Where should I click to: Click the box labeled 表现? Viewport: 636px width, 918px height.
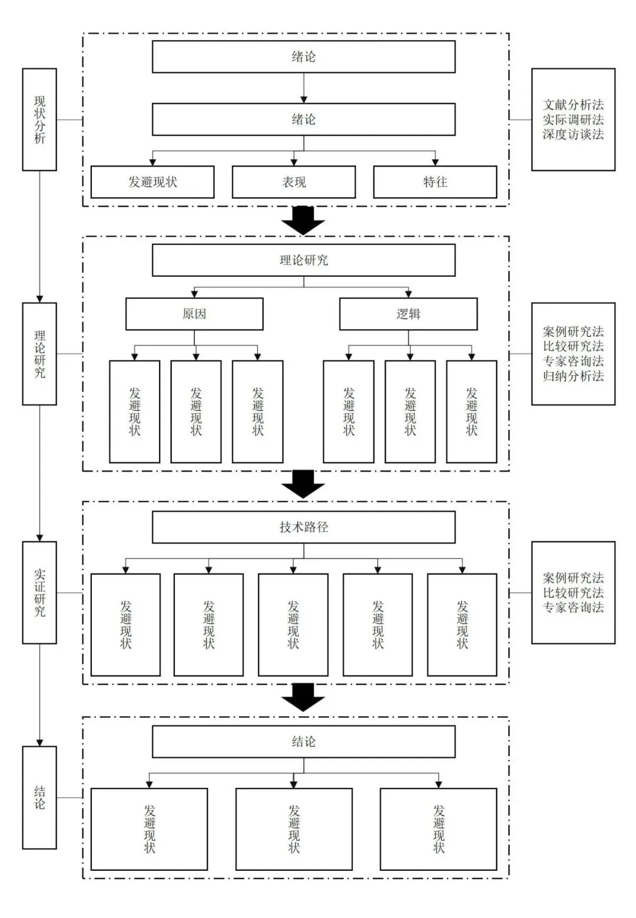tap(293, 182)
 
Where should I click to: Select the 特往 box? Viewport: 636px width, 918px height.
tap(435, 182)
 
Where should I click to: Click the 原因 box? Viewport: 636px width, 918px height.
tap(194, 314)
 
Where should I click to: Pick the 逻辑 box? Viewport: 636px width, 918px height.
tap(408, 314)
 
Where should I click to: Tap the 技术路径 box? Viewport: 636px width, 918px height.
tap(304, 527)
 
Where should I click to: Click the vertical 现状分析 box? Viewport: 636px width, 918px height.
tap(39, 120)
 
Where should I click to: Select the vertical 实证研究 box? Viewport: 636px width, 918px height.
tap(39, 592)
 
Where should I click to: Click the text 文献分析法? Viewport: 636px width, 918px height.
tap(574, 105)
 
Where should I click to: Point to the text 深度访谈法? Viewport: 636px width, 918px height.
tap(574, 134)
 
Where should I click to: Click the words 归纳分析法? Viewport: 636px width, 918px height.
tap(574, 376)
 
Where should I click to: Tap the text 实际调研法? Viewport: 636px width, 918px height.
tap(574, 120)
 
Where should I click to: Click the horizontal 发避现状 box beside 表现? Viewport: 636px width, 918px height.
tap(153, 182)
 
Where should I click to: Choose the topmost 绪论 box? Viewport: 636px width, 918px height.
tap(304, 57)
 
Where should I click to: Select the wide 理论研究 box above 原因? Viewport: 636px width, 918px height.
tap(304, 260)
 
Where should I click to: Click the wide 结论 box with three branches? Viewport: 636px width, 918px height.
tap(304, 742)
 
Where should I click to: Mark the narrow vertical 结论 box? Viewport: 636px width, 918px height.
tap(39, 797)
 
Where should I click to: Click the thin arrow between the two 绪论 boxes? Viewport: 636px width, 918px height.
tap(304, 88)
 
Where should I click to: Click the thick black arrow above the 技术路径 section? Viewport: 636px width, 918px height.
tap(303, 484)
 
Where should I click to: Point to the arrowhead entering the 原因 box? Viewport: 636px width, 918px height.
tap(194, 294)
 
